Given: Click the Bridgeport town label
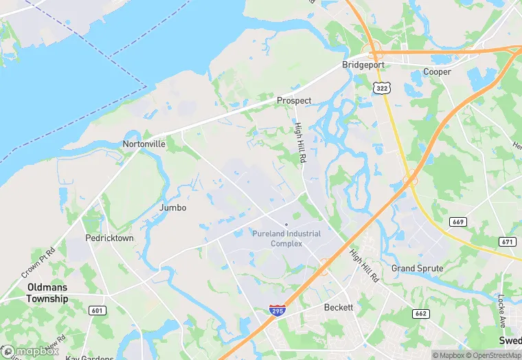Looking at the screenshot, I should tap(363, 65).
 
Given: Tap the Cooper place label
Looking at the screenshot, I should tap(437, 71).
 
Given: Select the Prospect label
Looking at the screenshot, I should tap(294, 100).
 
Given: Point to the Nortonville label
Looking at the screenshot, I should tap(144, 144).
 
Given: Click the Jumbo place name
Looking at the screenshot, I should tap(172, 207).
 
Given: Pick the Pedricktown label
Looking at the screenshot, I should tap(109, 238).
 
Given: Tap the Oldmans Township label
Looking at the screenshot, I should tap(47, 293).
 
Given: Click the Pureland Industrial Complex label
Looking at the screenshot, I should tap(286, 238).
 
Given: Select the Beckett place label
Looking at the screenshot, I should tap(339, 307).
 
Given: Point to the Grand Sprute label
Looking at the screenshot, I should tap(417, 268).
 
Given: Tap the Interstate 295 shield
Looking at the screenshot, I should tap(277, 311).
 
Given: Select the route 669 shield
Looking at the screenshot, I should tap(459, 221).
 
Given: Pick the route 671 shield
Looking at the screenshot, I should tap(508, 241).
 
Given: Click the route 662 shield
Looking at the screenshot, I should tap(420, 313).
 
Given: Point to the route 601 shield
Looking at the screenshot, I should tap(98, 311).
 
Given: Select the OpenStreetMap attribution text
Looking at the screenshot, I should tap(494, 355).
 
